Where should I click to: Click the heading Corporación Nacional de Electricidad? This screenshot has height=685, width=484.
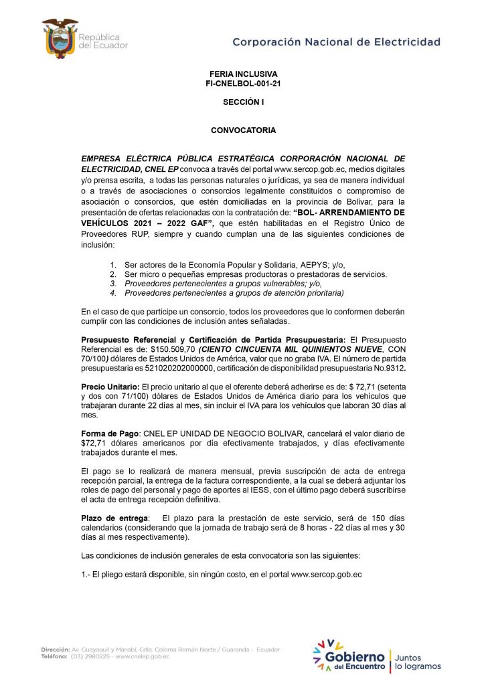[x=336, y=41]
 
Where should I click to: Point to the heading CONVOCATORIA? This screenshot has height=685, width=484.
[x=243, y=130]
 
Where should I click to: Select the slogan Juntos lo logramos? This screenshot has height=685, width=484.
[x=418, y=662]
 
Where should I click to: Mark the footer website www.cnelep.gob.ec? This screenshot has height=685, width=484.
[x=142, y=657]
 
